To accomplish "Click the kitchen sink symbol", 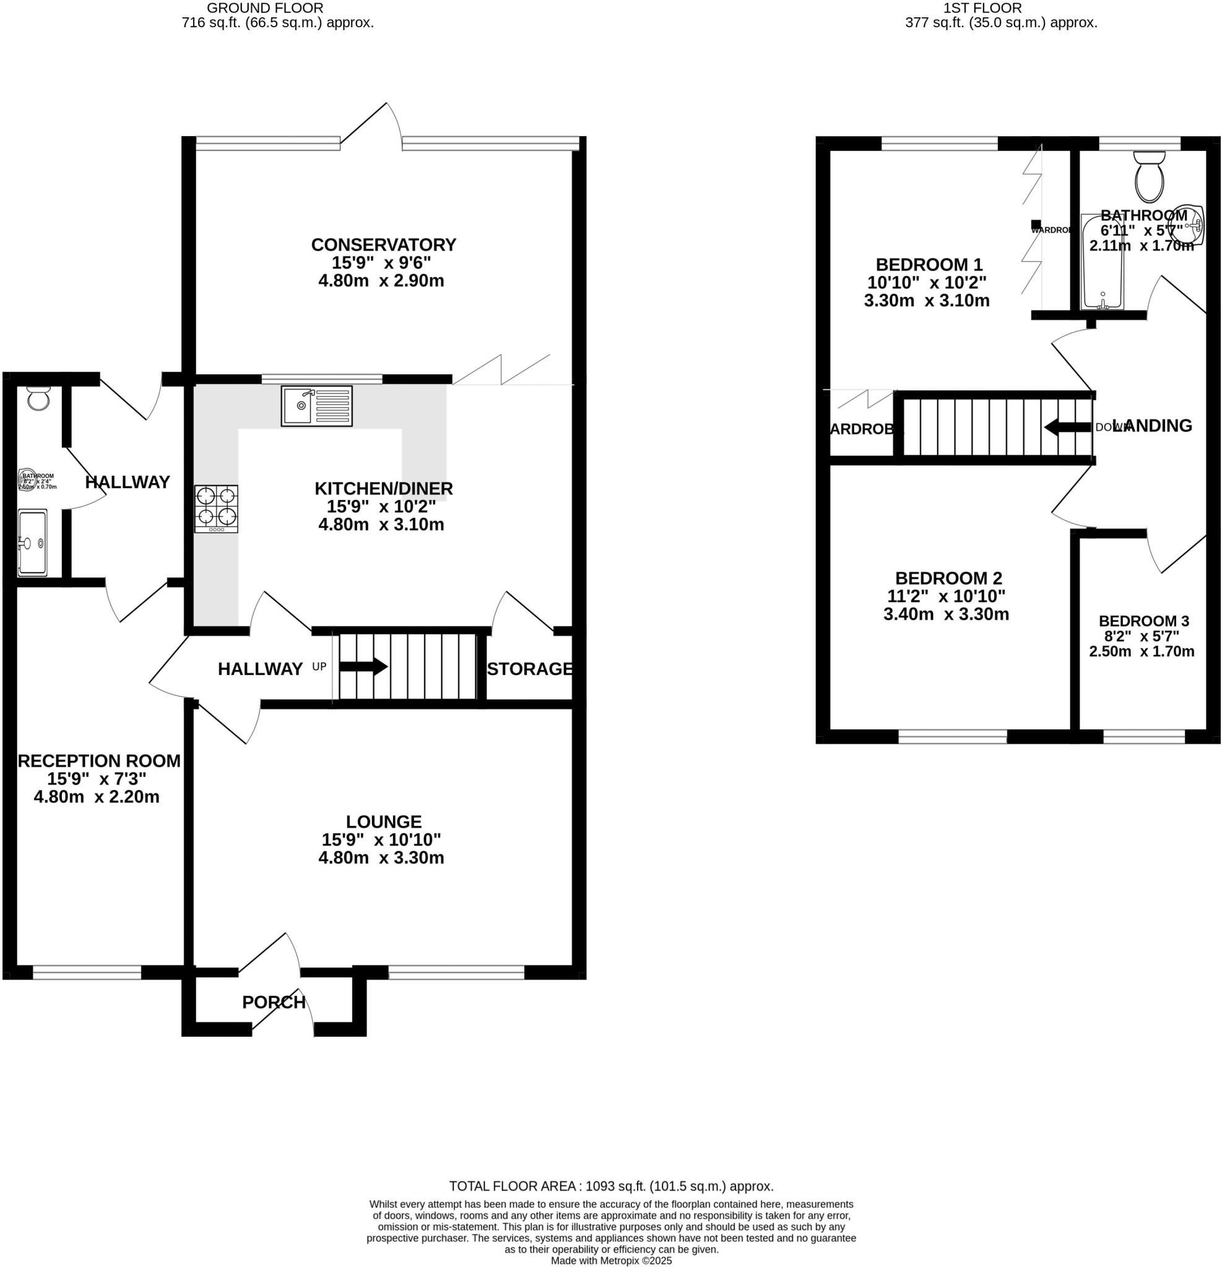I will point(316,406).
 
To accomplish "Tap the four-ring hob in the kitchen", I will point(216,509).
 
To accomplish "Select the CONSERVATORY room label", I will point(384,245).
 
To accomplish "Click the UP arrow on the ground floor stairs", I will point(363,667).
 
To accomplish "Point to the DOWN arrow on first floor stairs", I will point(1067,427).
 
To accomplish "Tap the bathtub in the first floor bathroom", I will point(1103,262).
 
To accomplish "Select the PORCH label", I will point(273,1003).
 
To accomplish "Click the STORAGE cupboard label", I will point(530,669).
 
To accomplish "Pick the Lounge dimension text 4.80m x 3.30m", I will point(381,858).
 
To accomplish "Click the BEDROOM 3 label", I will point(1144,621).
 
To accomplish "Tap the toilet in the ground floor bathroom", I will point(39,399).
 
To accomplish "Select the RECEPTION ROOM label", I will point(99,761).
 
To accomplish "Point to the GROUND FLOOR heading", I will point(264,9).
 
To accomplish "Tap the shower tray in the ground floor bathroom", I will point(32,543).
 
